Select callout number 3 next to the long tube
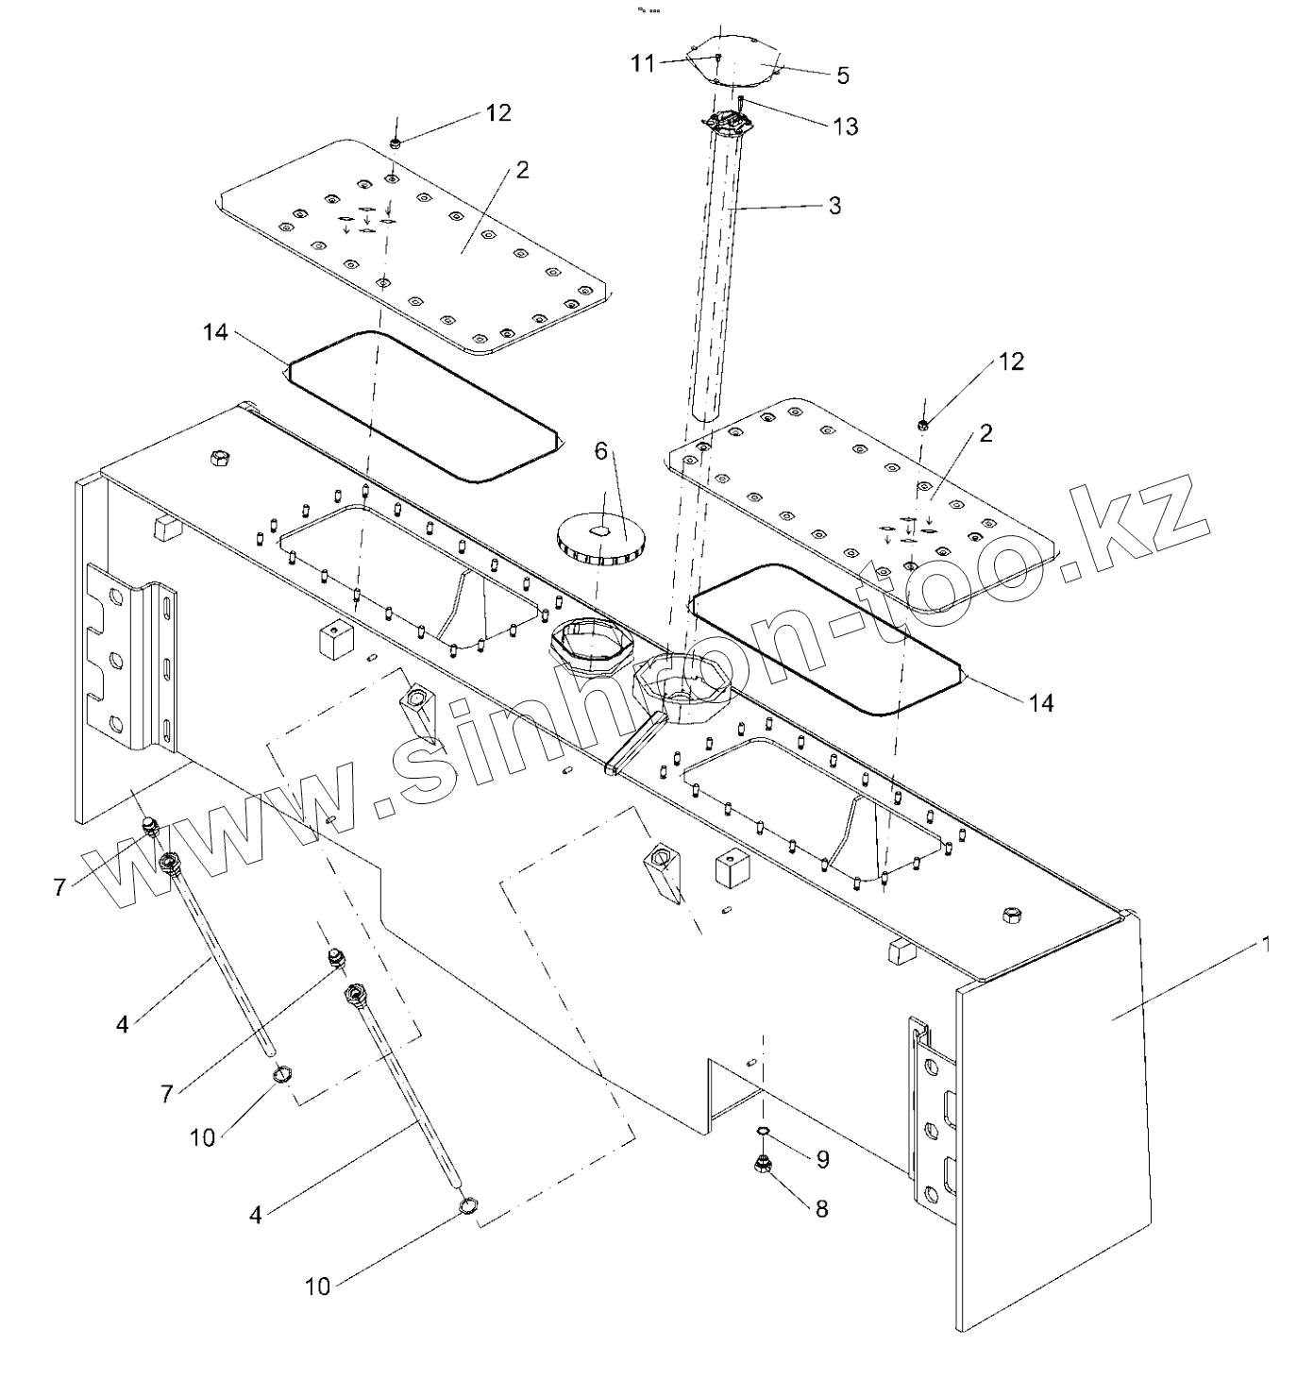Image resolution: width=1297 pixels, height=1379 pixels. pos(834,205)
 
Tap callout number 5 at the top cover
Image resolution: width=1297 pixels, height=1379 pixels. pos(843,74)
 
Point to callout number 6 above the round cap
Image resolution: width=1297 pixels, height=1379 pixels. pos(599,452)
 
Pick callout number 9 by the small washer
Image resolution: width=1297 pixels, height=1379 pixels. pos(822,1158)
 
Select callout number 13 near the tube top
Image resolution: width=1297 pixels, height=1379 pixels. pos(845,126)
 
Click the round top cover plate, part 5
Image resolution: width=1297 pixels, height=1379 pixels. pos(736,59)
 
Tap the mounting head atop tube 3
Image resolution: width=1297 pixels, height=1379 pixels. pos(727,125)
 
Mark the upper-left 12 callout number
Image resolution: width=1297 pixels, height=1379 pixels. pos(498,112)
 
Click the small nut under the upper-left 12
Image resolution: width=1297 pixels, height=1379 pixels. pos(396,143)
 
